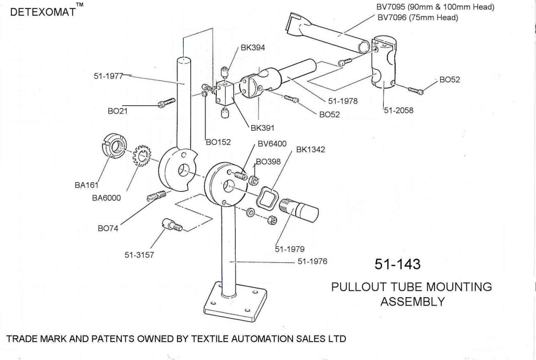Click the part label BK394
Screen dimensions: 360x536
point(252,48)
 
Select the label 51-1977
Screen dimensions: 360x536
point(108,76)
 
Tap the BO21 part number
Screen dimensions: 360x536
point(118,111)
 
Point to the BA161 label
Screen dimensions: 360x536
point(87,184)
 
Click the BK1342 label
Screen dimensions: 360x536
point(310,150)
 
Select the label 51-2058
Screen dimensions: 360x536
point(399,110)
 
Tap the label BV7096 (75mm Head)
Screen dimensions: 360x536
point(417,17)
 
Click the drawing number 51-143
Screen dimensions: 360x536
point(397,264)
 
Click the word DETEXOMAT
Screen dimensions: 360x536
point(42,12)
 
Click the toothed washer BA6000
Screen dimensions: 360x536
point(141,155)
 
